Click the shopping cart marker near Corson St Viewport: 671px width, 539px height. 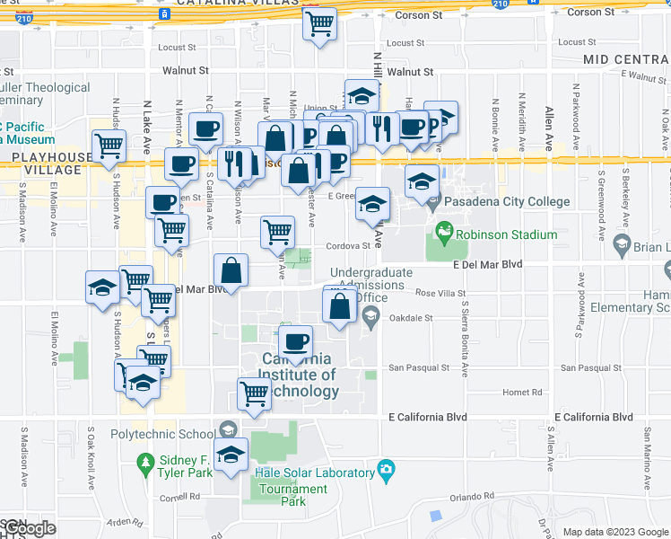319,23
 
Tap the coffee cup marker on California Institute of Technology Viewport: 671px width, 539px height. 294,341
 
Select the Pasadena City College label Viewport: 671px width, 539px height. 507,201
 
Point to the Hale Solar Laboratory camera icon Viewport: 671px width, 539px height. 387,468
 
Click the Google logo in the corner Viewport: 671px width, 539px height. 29,528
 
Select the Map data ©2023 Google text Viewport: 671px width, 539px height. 614,532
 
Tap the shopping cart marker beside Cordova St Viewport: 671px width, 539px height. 278,231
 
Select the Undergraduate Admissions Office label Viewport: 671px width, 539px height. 371,285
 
